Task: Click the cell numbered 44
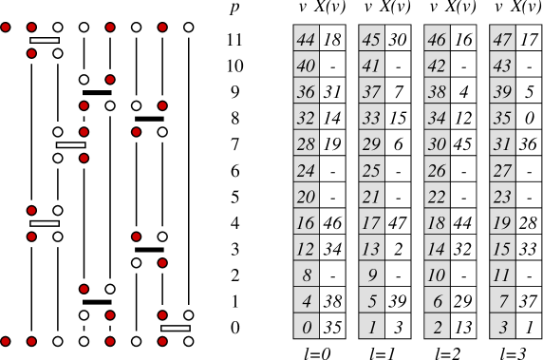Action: tap(306, 40)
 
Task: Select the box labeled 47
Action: tap(502, 40)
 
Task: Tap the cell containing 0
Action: tap(306, 328)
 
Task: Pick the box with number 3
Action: tap(502, 328)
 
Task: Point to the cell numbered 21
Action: tap(371, 197)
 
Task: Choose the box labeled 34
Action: tap(437, 119)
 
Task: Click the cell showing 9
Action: tap(371, 275)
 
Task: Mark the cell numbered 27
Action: tap(502, 171)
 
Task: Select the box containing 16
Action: tap(306, 223)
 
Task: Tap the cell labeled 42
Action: tap(437, 66)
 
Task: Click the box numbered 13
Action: tap(371, 249)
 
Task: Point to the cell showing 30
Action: tap(437, 144)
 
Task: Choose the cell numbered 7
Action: tap(502, 301)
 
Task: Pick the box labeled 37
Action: tap(371, 92)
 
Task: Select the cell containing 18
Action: tap(437, 223)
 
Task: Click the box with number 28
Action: tap(306, 144)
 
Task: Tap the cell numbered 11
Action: tap(502, 275)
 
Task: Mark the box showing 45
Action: tap(371, 40)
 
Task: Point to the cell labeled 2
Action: tap(437, 328)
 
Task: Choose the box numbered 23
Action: tap(502, 197)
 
